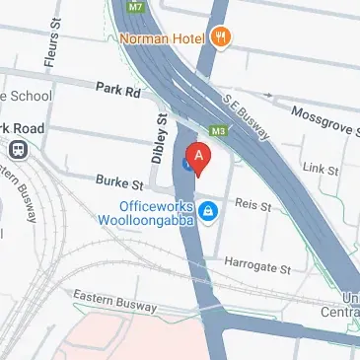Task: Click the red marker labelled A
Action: point(200,157)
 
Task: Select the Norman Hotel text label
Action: point(161,39)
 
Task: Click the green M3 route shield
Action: point(219,128)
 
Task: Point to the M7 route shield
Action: point(135,5)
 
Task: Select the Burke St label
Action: point(120,182)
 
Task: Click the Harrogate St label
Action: point(260,267)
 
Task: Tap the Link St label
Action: point(322,170)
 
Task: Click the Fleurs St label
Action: point(51,49)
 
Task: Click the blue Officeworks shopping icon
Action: point(208,212)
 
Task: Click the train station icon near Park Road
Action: point(16,148)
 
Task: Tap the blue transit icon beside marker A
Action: point(186,165)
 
